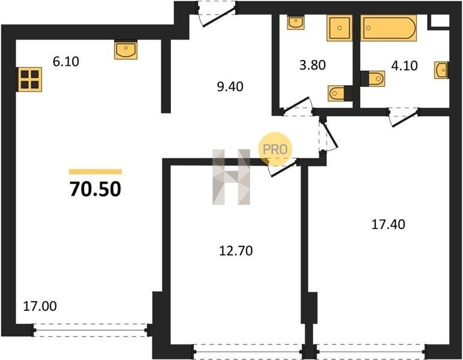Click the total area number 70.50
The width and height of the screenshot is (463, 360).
click(95, 189)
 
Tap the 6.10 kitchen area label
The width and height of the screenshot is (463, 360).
click(66, 61)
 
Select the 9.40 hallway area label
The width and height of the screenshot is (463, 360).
click(230, 86)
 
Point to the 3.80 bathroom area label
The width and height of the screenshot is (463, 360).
click(312, 65)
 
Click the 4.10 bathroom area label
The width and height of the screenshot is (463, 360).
click(404, 65)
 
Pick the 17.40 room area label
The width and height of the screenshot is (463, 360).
click(388, 224)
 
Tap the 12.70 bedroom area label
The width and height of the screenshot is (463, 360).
click(236, 251)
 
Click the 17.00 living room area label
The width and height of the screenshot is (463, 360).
click(40, 306)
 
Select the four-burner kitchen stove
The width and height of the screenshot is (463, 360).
click(29, 79)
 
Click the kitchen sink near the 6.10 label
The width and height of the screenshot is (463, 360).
click(126, 50)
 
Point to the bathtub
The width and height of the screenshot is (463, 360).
click(389, 28)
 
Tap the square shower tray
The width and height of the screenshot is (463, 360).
click(339, 28)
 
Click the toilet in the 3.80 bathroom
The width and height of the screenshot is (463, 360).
click(339, 94)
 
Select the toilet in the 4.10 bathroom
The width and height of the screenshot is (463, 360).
click(374, 79)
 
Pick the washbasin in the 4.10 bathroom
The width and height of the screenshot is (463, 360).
click(441, 70)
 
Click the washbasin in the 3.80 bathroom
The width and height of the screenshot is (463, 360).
click(296, 22)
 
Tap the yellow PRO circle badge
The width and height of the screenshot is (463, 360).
click(275, 149)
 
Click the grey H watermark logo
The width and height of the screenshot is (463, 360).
click(231, 177)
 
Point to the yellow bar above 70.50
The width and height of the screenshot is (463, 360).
click(95, 172)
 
